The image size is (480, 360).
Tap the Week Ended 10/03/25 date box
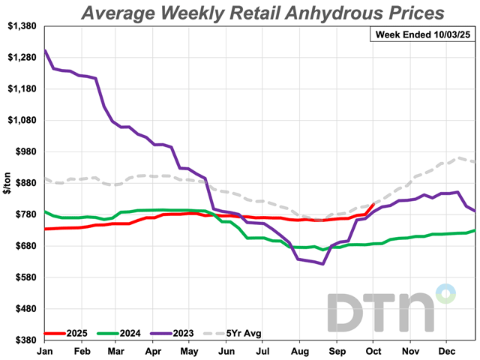pyautogui.click(x=422, y=34)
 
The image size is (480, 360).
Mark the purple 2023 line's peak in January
pyautogui.click(x=46, y=51)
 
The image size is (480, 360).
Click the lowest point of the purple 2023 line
pyautogui.click(x=322, y=264)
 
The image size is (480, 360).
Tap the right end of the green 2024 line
pyautogui.click(x=474, y=230)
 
